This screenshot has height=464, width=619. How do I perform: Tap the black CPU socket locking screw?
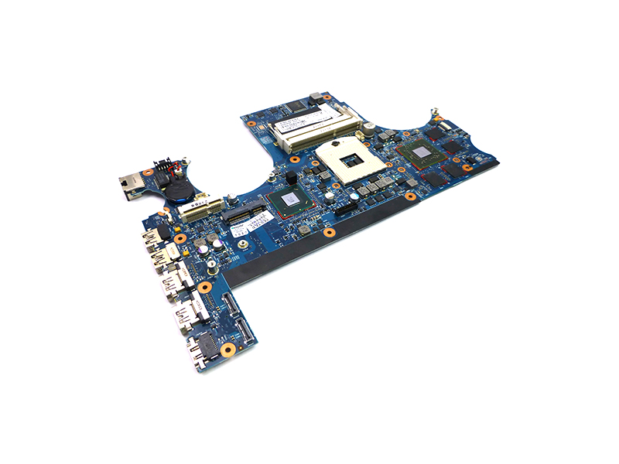[335, 142]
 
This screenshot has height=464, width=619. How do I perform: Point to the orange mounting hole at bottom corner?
[227, 349]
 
